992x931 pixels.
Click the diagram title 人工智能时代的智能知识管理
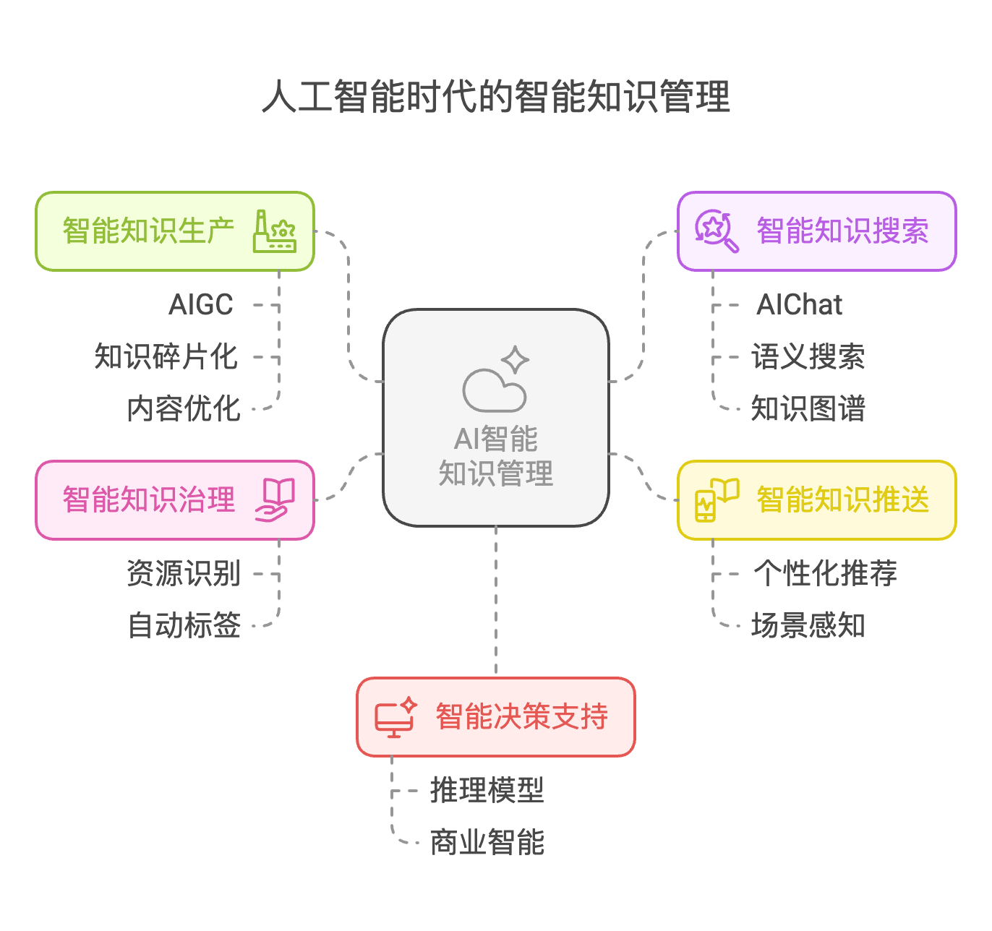pos(496,97)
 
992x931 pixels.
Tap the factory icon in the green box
pos(275,231)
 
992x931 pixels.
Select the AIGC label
pos(201,305)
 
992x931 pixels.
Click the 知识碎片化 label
pos(166,357)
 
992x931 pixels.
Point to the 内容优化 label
pos(184,409)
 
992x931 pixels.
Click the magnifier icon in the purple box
pos(716,231)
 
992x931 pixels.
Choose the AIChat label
pos(799,305)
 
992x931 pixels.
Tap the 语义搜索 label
pos(808,357)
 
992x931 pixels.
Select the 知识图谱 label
pos(808,409)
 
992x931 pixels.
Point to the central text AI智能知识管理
pos(496,456)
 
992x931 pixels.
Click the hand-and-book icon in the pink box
pos(275,499)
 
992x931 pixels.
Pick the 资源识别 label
pos(184,574)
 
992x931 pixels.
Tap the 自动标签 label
pos(184,626)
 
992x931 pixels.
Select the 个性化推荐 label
pos(825,574)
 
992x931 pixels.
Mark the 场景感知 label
pos(808,626)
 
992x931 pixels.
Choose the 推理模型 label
pos(487,791)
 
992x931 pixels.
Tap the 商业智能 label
pos(487,843)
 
